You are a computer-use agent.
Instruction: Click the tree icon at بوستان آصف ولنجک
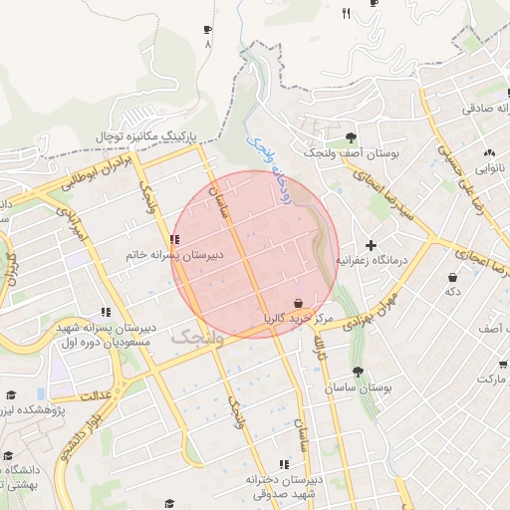coord(351,137)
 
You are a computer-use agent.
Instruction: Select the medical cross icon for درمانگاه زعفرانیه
coord(372,245)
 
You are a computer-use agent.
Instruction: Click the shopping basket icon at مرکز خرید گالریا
coord(299,303)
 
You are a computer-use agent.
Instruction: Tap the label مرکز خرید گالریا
coord(295,319)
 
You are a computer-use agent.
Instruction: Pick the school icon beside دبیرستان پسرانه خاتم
coord(175,239)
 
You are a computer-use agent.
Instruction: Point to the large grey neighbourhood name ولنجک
coord(197,336)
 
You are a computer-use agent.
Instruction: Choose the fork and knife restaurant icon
coord(347,13)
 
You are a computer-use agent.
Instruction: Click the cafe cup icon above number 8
coord(207,31)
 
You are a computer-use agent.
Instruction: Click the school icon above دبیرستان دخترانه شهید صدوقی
coord(284,464)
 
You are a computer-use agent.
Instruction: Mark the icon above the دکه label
coord(453,277)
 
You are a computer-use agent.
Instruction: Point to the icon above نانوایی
coord(488,153)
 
